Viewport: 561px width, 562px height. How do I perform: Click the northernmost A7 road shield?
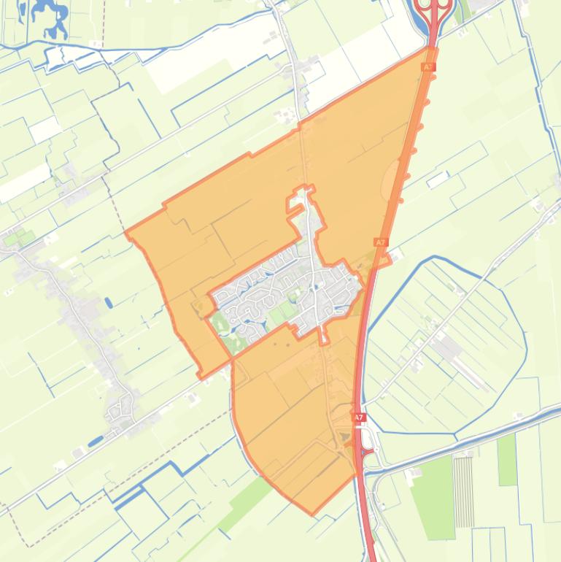coord(427,66)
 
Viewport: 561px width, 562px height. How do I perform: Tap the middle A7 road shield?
coord(380,242)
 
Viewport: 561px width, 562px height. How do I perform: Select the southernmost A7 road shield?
coord(358,417)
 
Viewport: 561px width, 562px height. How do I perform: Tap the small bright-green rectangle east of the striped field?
coord(508,459)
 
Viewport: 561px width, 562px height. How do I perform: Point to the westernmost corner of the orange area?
coord(126,234)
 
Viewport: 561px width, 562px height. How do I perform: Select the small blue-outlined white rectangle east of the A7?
coord(438,179)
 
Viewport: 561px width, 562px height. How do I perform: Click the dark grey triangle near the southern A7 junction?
coord(346,436)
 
